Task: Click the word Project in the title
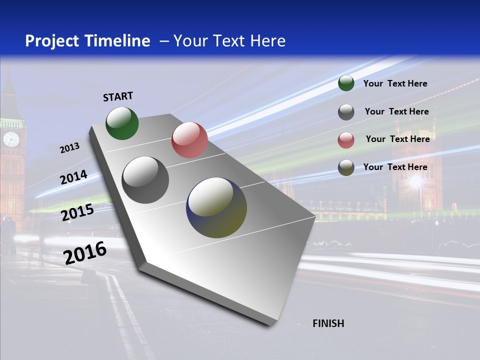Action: point(52,41)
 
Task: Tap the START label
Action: point(118,96)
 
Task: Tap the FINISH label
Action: point(328,323)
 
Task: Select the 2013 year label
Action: point(69,148)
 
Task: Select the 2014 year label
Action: point(73,177)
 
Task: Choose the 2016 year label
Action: point(85,253)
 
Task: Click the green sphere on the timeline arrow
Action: point(122,123)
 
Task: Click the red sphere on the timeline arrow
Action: point(189,140)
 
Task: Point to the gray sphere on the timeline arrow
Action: point(145,180)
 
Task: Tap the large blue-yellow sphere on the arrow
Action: point(216,207)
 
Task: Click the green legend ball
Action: point(346,83)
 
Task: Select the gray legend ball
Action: point(346,112)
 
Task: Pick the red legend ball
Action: point(346,140)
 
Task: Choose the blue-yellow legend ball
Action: point(346,167)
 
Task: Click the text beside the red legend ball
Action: point(397,139)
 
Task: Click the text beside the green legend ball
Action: point(395,83)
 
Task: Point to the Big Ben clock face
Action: point(11,139)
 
